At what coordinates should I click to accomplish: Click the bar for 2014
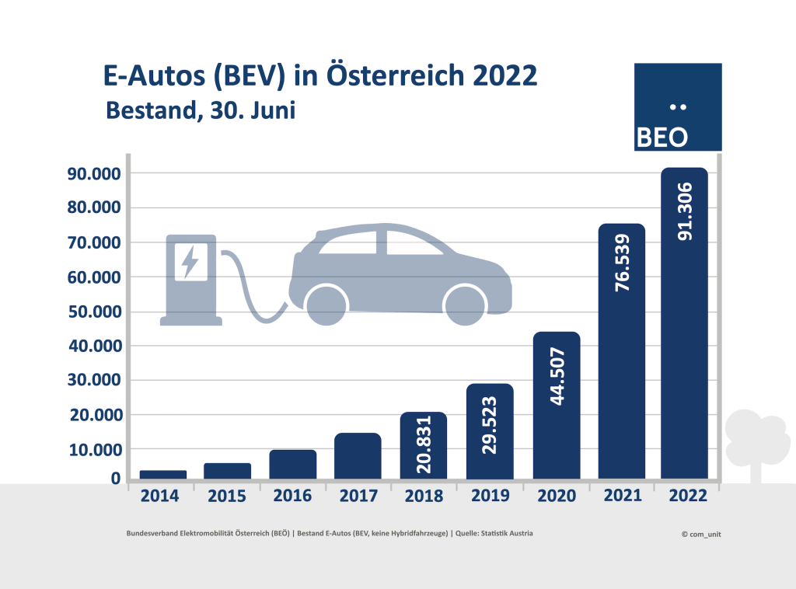pyautogui.click(x=162, y=475)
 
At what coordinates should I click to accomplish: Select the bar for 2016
pyautogui.click(x=292, y=465)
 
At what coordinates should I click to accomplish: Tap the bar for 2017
pyautogui.click(x=358, y=456)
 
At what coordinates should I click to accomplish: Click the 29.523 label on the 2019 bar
pyautogui.click(x=490, y=427)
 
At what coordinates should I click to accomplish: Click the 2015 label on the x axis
pyautogui.click(x=228, y=497)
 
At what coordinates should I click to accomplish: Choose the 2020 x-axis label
pyautogui.click(x=556, y=497)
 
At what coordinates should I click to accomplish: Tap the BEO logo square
pyautogui.click(x=678, y=107)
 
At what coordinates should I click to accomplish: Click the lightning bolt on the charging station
pyautogui.click(x=190, y=261)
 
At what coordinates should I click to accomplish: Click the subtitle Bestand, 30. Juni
pyautogui.click(x=200, y=110)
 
